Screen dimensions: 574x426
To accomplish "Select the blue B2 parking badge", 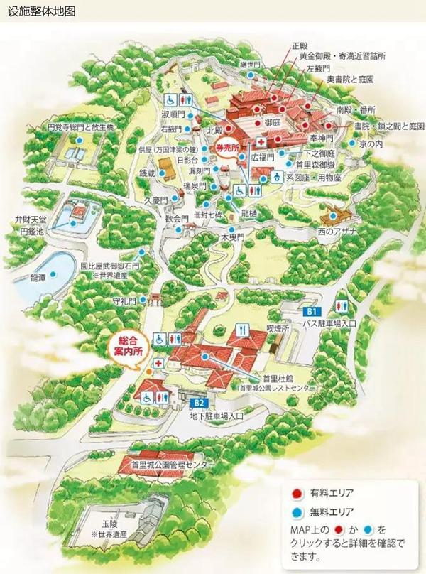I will pos(198,403).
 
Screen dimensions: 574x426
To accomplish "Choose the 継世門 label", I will pos(251,65).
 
